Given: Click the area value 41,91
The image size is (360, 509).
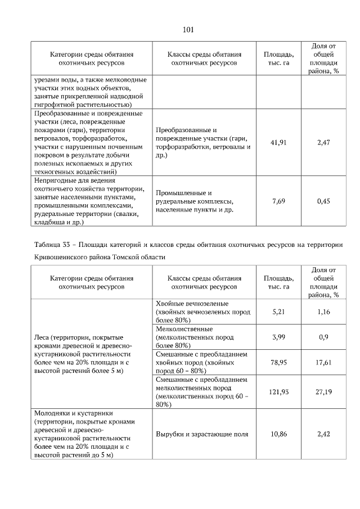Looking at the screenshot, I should coord(278,143).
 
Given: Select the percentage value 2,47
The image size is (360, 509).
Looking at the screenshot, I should coord(323,143).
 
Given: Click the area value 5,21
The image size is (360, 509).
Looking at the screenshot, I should coord(278,311).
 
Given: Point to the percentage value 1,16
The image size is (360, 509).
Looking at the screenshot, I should coord(323,311).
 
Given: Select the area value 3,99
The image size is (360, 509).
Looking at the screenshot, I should coord(278,337).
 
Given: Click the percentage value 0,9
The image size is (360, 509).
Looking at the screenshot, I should coord(323,337).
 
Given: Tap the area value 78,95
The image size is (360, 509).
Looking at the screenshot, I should coord(278,363).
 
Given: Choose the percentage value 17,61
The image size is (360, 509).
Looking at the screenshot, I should coord(323,363).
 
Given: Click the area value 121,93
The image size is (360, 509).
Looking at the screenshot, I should coord(278,391).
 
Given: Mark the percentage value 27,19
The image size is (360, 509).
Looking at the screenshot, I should coord(323,391).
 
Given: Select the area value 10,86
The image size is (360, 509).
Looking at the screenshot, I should coord(278,435).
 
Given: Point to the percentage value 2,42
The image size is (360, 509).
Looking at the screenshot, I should coord(323,435).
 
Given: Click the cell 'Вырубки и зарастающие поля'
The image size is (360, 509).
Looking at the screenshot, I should coord(202,435).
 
